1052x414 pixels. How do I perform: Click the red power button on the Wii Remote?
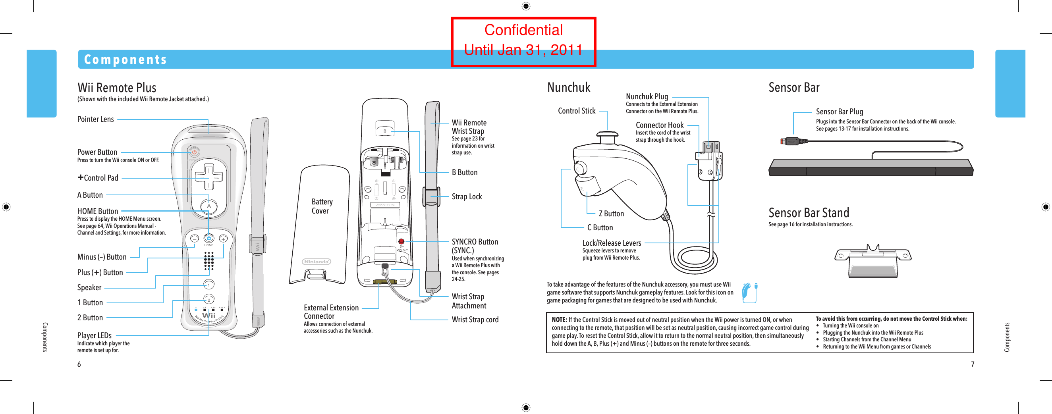[194, 152]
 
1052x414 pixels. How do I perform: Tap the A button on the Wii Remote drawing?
[208, 206]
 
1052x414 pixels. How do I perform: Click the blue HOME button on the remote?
[208, 238]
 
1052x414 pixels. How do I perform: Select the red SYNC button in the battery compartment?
[401, 241]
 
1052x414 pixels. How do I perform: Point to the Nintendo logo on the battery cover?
[317, 262]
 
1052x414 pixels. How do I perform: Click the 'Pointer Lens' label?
[96, 119]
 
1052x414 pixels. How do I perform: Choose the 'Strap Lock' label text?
[466, 197]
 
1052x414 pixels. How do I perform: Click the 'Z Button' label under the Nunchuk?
[611, 214]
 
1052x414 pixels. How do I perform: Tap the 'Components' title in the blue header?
[125, 60]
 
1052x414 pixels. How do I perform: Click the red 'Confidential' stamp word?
[523, 30]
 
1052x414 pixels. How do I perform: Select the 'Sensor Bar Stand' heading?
[808, 213]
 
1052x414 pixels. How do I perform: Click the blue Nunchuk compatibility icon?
[749, 293]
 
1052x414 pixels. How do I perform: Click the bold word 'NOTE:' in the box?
[559, 320]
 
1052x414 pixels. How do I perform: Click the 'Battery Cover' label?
[322, 206]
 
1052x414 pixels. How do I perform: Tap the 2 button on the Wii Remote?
[208, 300]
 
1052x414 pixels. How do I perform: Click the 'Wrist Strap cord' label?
[475, 320]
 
